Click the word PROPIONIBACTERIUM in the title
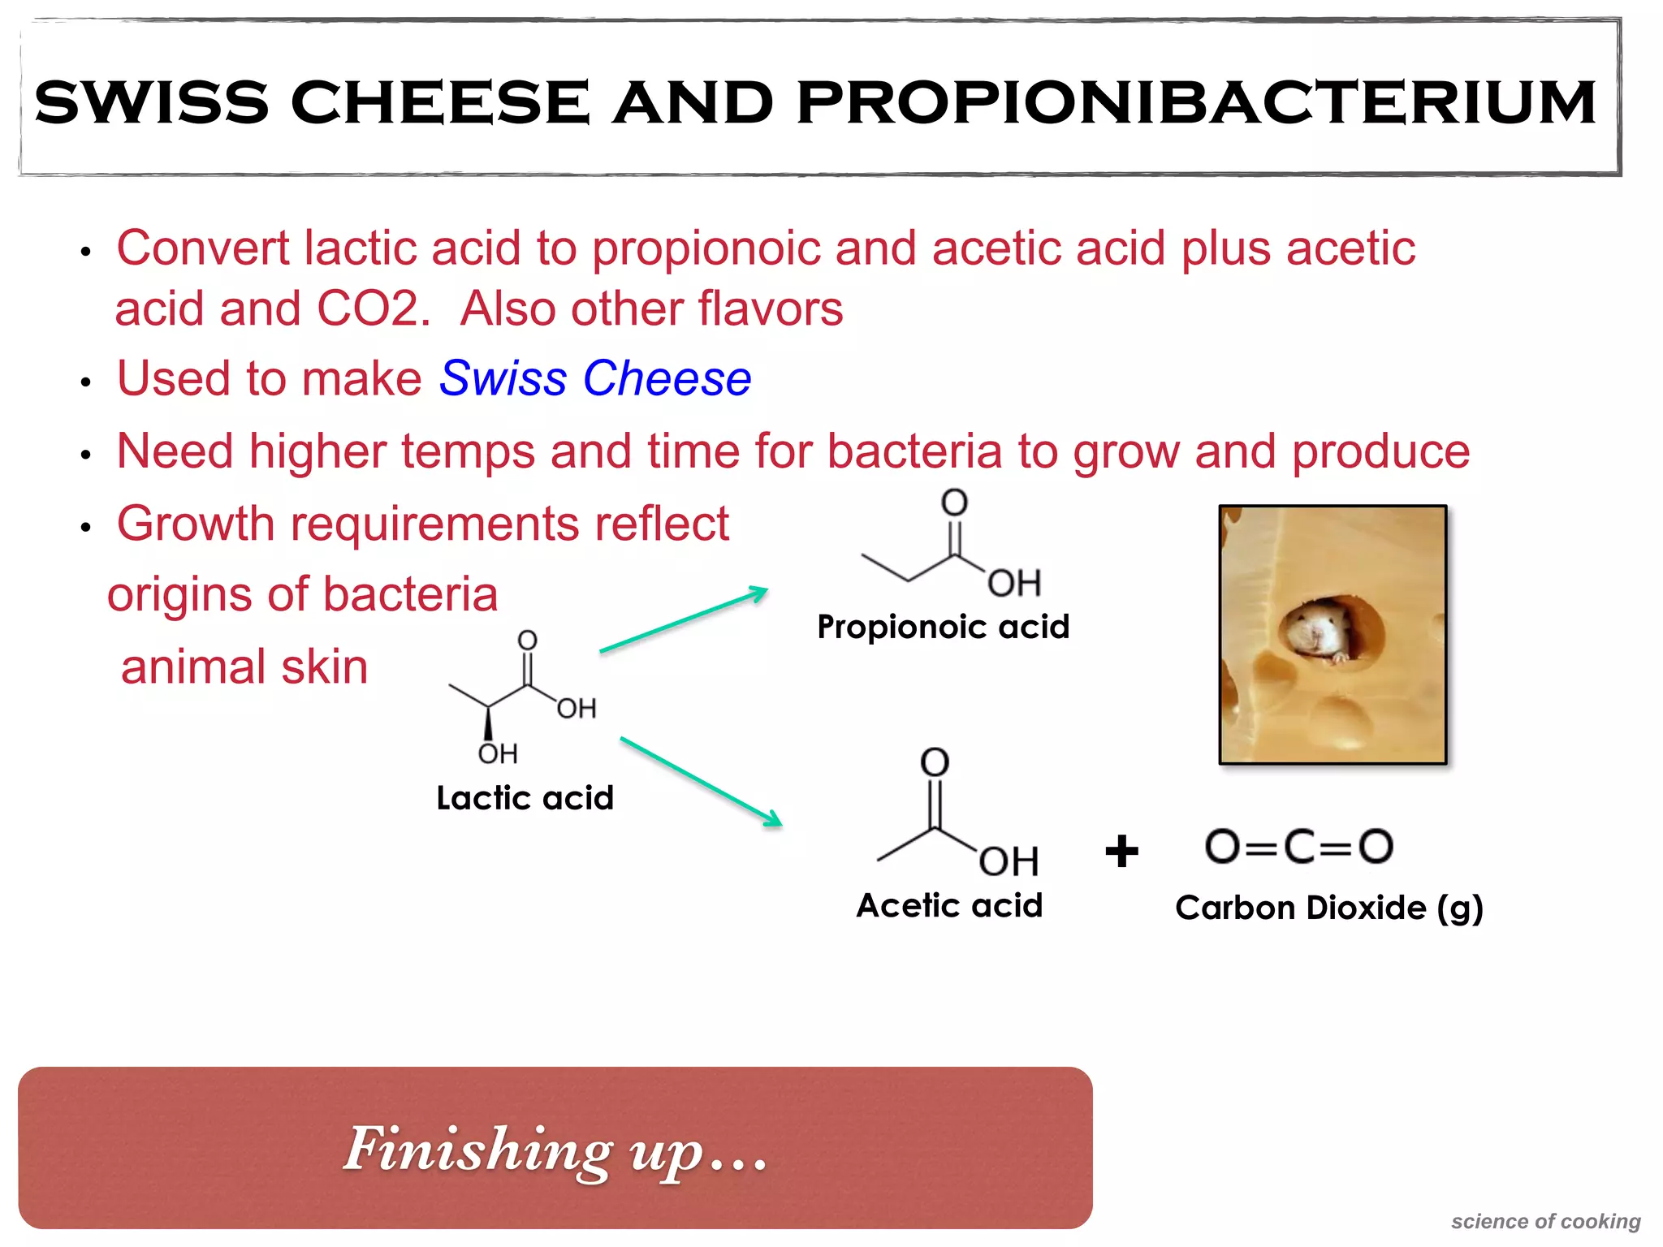(1197, 103)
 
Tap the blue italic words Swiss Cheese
(595, 379)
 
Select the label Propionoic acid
(943, 627)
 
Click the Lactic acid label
(525, 798)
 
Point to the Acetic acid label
(949, 905)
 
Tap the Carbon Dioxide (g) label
(1328, 908)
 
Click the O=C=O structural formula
(1299, 847)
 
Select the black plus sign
(1121, 852)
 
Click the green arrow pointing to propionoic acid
(684, 619)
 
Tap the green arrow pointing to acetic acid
(701, 781)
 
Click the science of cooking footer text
(1545, 1221)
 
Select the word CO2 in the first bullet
(373, 309)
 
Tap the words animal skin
(244, 667)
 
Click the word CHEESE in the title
(439, 103)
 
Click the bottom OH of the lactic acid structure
(497, 754)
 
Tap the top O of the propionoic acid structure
(954, 503)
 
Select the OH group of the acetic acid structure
(1009, 861)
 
